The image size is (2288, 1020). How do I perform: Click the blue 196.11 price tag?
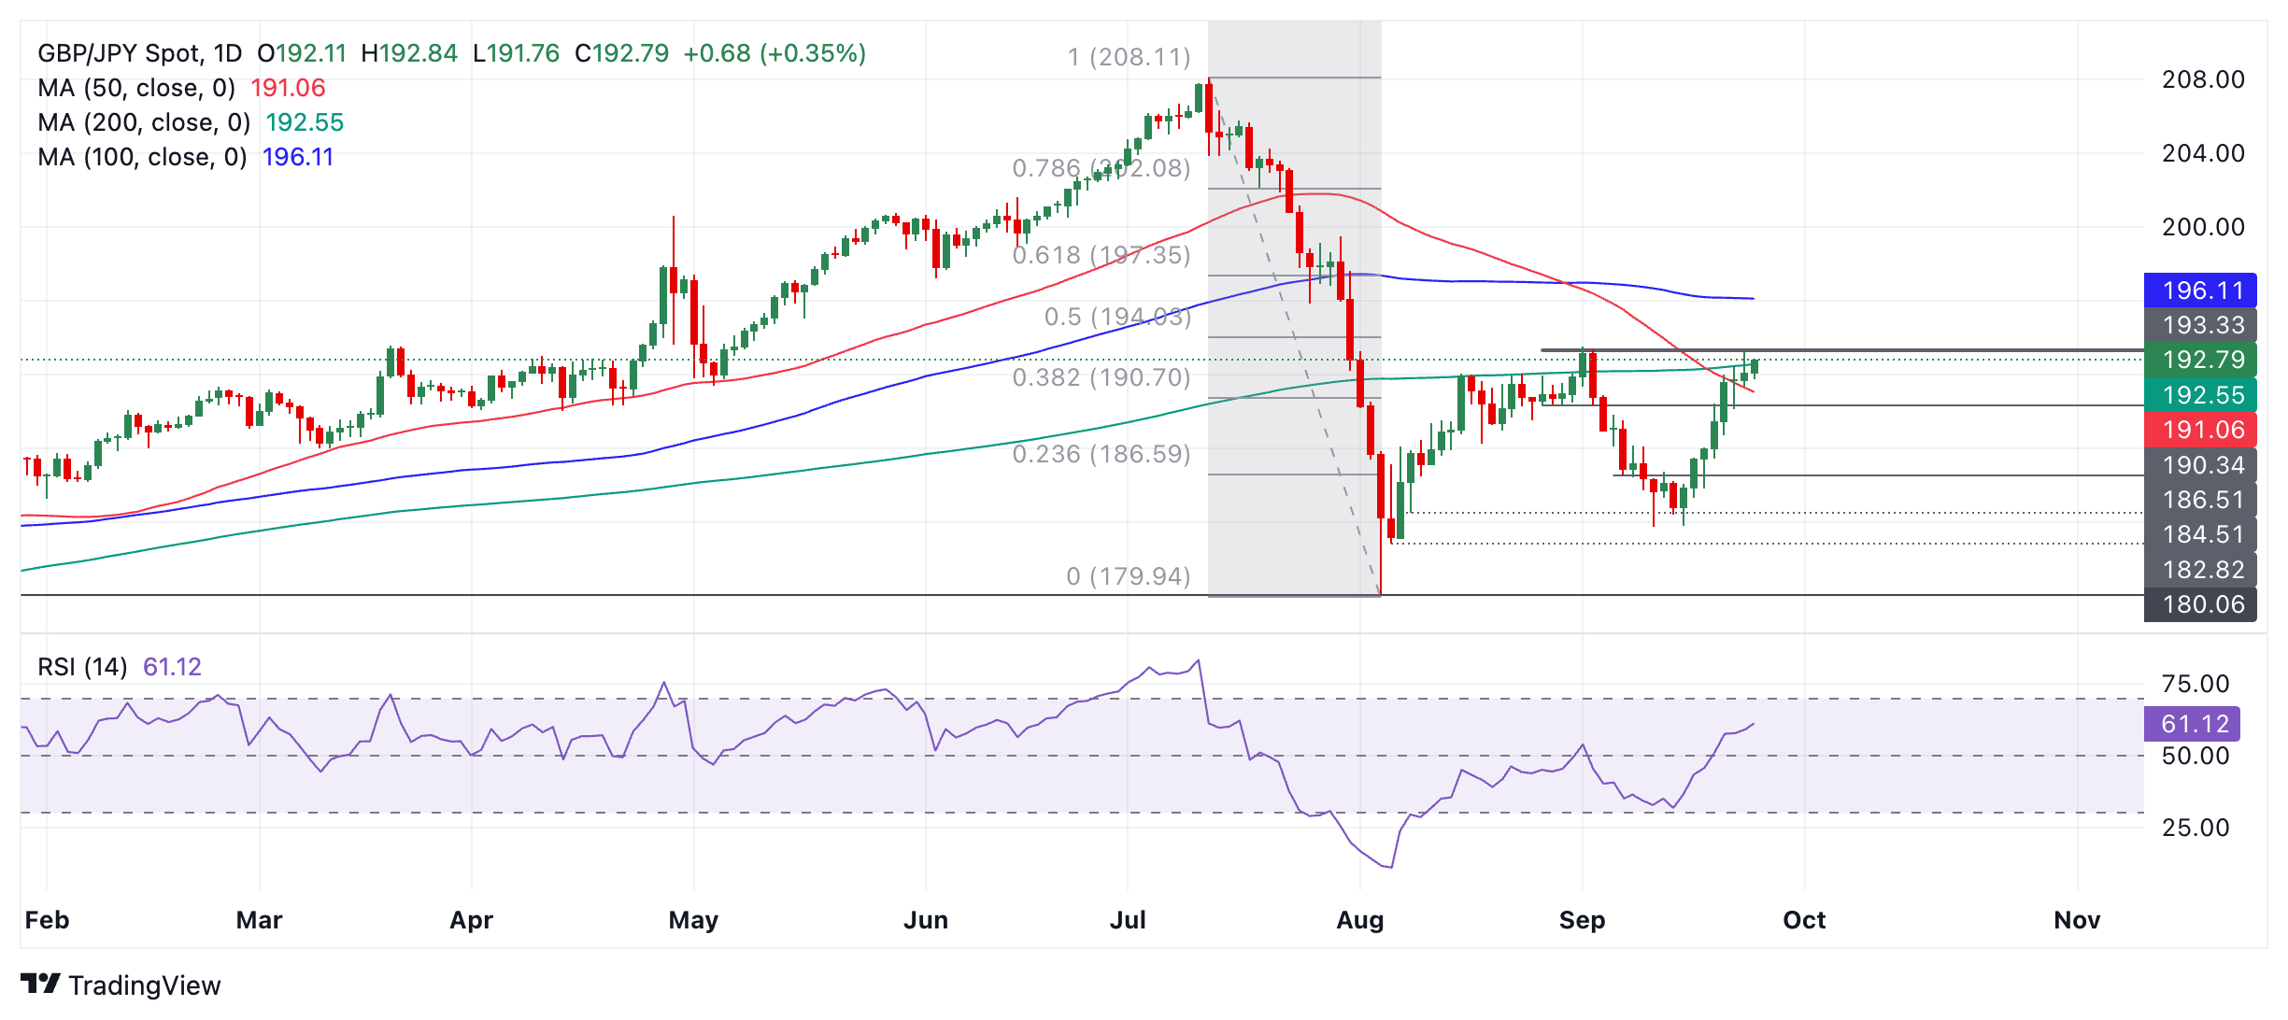click(x=2200, y=290)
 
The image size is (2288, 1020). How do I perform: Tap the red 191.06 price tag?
click(x=2200, y=430)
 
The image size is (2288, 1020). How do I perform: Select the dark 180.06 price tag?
click(x=2200, y=604)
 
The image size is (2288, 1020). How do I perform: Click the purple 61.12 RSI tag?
click(x=2192, y=724)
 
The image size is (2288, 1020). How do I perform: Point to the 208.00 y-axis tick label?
click(x=2203, y=79)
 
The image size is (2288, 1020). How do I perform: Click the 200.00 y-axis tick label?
click(x=2203, y=227)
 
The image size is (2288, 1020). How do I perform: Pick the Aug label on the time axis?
click(x=1359, y=920)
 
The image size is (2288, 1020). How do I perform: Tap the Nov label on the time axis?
click(x=2076, y=920)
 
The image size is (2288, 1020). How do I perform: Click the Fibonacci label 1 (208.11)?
click(x=1129, y=57)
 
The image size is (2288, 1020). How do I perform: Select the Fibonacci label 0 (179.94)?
click(x=1128, y=576)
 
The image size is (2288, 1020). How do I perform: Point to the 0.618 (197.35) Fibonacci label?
click(x=1101, y=255)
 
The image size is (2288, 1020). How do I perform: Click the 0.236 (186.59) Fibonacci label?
click(x=1101, y=454)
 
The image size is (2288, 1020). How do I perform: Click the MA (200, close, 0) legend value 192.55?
click(x=305, y=122)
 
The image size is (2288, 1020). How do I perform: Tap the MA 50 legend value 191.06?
click(x=288, y=88)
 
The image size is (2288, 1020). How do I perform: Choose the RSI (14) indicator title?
click(x=82, y=667)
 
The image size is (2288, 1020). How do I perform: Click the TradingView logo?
click(x=121, y=985)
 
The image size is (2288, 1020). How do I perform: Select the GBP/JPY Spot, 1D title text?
click(x=139, y=53)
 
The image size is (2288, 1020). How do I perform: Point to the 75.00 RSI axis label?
click(x=2195, y=684)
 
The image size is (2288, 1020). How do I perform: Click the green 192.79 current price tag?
click(x=2200, y=360)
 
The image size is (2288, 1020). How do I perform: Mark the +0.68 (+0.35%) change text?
click(x=775, y=53)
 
